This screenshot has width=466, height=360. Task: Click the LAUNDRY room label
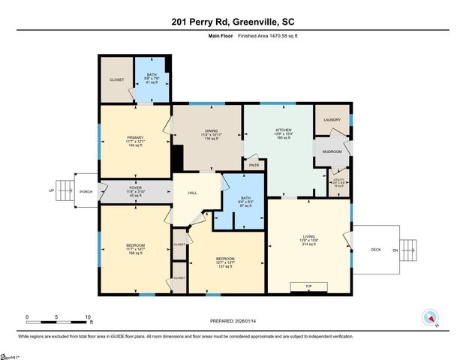[x=332, y=120]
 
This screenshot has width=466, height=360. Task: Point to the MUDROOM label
[x=332, y=151]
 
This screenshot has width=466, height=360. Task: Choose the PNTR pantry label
[x=254, y=166]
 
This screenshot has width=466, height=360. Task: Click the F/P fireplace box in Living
[x=308, y=287]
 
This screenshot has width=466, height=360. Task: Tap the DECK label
[x=377, y=250]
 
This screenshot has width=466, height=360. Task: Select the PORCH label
[x=86, y=192]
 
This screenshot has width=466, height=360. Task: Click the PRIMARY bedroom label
[x=135, y=136]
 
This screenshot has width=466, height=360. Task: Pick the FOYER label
[x=135, y=187]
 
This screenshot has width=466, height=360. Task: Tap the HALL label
[x=191, y=193]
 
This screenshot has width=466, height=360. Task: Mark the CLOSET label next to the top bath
[x=117, y=79]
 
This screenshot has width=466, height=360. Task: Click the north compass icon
[x=431, y=316]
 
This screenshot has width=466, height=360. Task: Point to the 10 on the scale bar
[x=88, y=316]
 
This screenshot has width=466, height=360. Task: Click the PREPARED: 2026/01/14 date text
[x=233, y=320]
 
